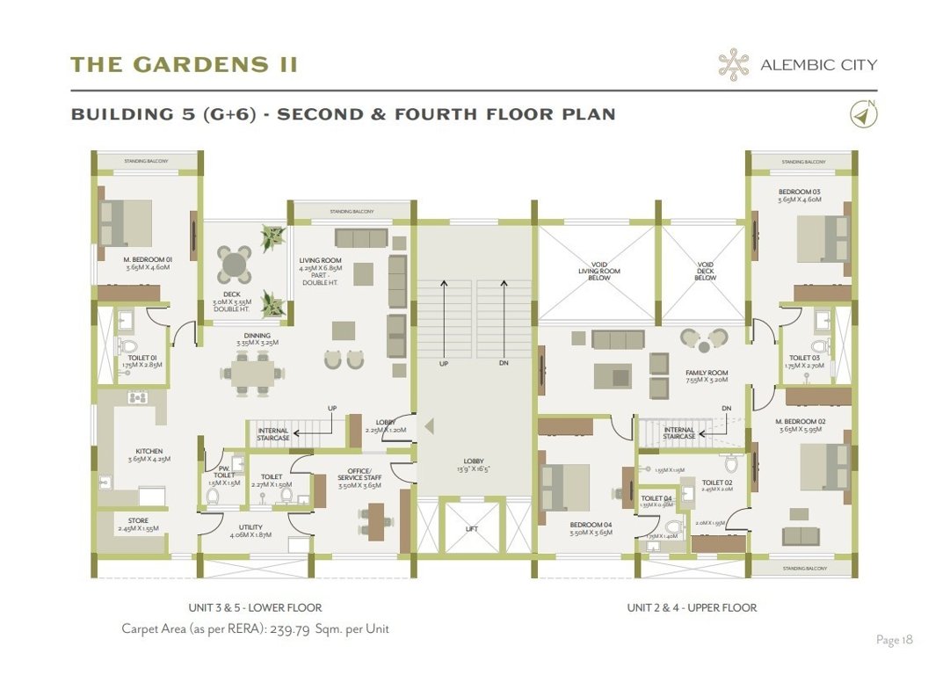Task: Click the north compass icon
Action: (864, 113)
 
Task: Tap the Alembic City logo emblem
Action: (733, 64)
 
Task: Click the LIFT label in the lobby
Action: (472, 529)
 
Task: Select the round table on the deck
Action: (235, 263)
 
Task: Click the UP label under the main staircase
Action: (446, 363)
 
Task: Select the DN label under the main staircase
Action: (503, 363)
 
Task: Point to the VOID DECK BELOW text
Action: (705, 270)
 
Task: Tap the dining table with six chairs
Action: (252, 373)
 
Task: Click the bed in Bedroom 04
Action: (567, 485)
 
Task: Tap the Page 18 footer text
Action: (894, 640)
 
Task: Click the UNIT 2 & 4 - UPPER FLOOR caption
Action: (692, 607)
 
